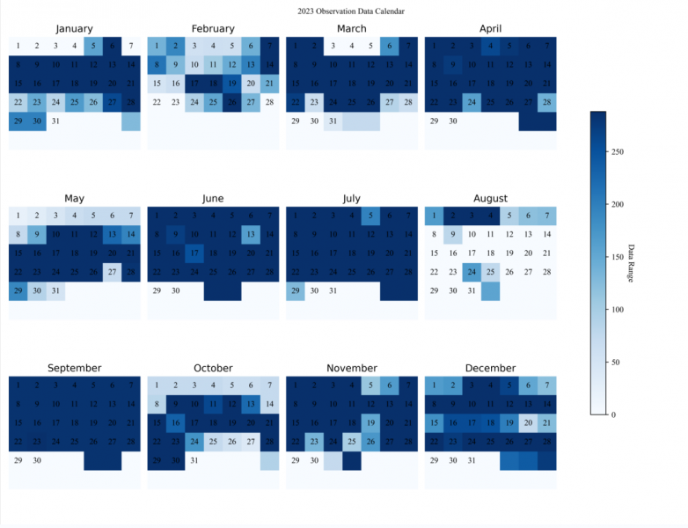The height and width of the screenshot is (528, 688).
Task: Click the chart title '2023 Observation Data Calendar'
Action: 345,11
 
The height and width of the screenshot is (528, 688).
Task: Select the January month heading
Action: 74,29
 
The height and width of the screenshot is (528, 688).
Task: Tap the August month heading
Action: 490,199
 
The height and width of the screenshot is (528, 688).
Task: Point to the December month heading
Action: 490,368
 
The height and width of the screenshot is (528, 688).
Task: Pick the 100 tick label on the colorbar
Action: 617,309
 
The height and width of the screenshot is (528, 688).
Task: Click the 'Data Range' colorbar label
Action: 631,262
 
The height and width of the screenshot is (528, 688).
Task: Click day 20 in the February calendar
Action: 251,84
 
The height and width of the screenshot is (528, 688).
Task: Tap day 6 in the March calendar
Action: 389,46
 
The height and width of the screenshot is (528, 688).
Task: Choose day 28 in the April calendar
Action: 546,102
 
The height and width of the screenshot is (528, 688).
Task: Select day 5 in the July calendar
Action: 370,216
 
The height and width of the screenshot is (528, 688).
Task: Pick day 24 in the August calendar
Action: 472,272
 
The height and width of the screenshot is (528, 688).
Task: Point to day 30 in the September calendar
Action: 37,460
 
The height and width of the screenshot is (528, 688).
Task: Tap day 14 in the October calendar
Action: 269,404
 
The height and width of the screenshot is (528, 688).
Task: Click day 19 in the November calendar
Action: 370,423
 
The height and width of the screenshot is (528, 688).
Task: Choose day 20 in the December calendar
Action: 528,423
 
